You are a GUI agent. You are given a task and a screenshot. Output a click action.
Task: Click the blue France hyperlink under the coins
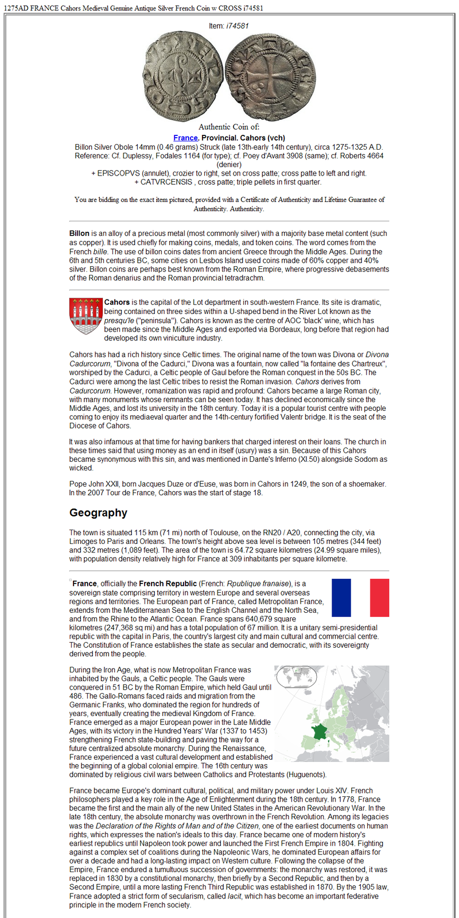coord(185,138)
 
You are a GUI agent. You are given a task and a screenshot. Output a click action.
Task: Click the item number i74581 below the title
coord(237,26)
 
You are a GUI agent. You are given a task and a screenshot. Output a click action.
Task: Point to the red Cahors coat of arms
coord(85,316)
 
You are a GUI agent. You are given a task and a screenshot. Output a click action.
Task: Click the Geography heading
coord(98,513)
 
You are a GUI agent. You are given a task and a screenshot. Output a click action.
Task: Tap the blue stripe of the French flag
coord(341,597)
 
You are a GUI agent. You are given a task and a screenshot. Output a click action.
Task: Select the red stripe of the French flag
coord(379,597)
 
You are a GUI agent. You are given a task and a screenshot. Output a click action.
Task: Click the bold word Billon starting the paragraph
coord(79,234)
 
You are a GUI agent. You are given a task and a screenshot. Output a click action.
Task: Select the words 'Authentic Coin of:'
coord(229,127)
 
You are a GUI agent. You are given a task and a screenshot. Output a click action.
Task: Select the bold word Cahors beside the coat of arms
coord(116,302)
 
